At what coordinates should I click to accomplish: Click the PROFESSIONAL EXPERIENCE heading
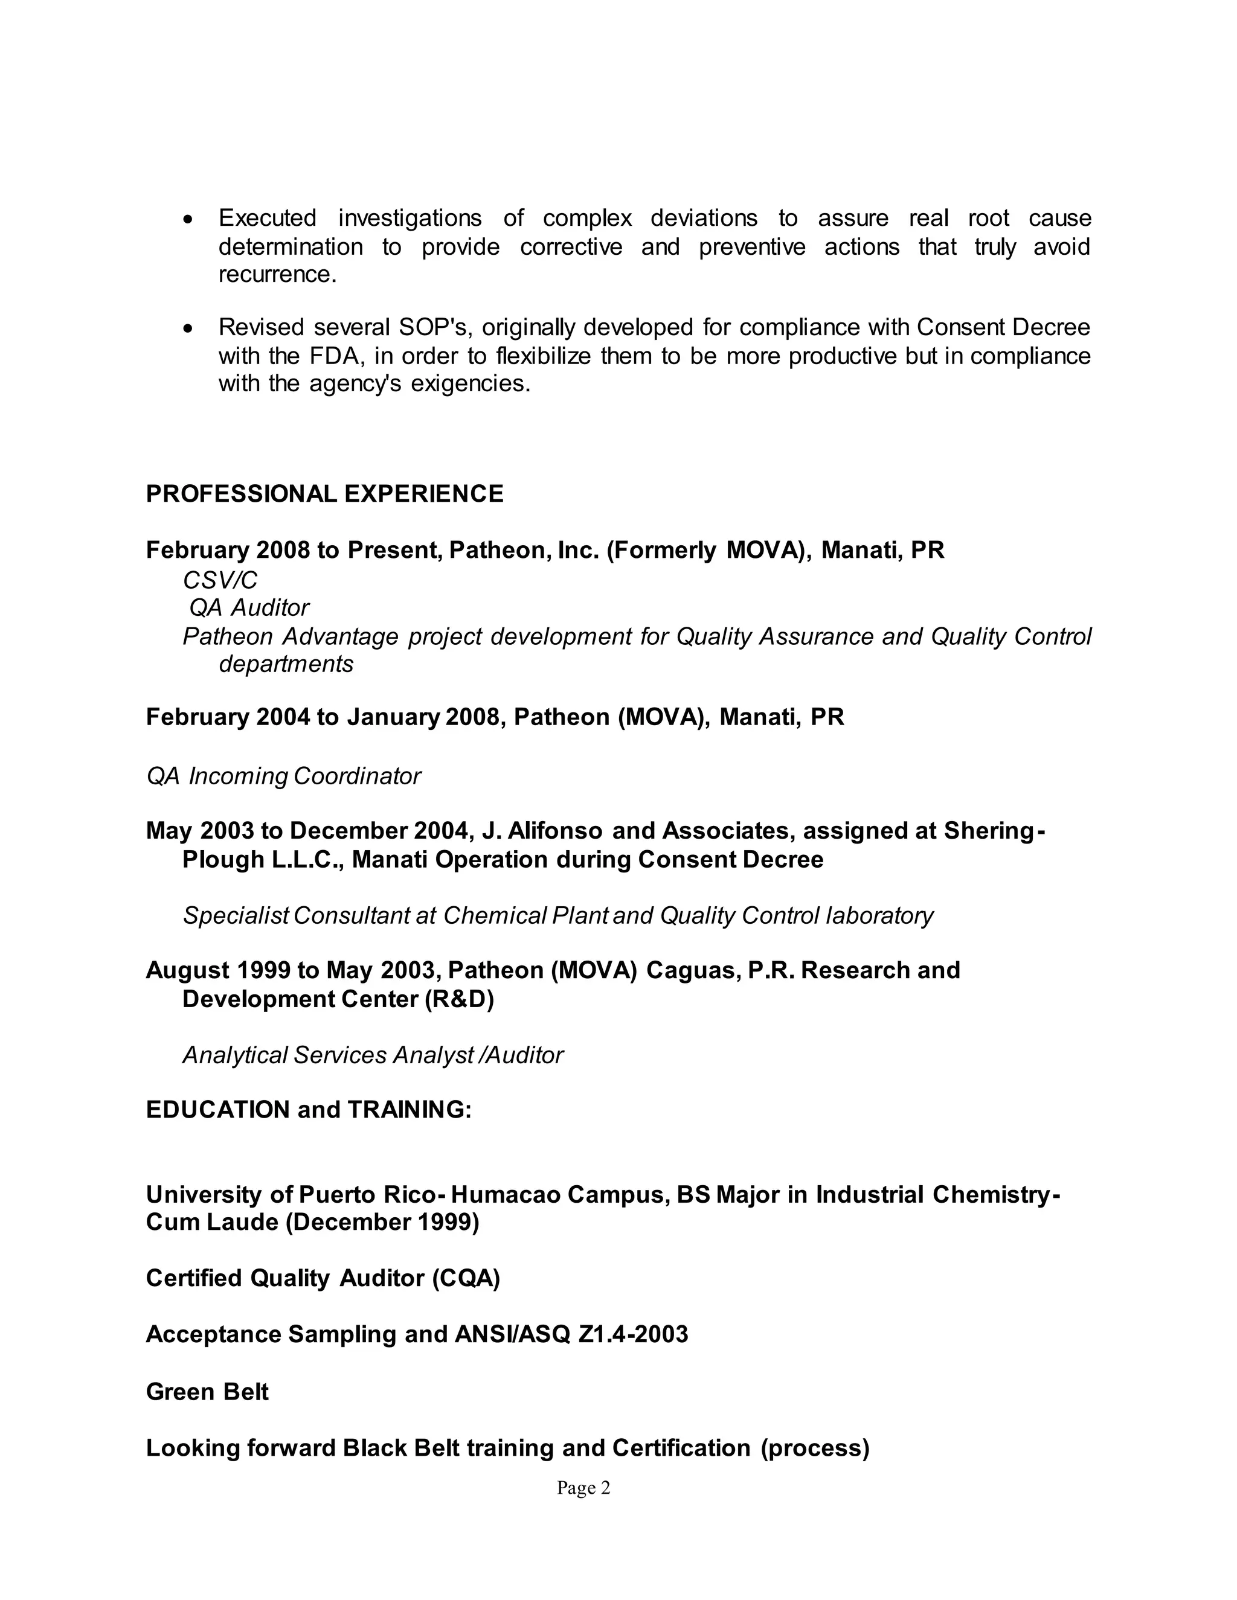[324, 494]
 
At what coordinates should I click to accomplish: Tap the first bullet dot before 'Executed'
[189, 219]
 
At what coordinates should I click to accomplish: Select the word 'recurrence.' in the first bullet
[277, 275]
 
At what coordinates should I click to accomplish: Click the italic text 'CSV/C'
[220, 580]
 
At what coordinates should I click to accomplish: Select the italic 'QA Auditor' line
[249, 608]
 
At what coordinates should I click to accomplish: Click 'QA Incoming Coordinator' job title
[284, 776]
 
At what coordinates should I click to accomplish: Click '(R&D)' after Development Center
[460, 999]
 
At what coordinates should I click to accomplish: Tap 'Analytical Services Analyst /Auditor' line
[372, 1055]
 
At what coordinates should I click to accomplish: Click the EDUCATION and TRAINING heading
[309, 1110]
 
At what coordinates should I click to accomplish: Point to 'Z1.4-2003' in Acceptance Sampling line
[633, 1335]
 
